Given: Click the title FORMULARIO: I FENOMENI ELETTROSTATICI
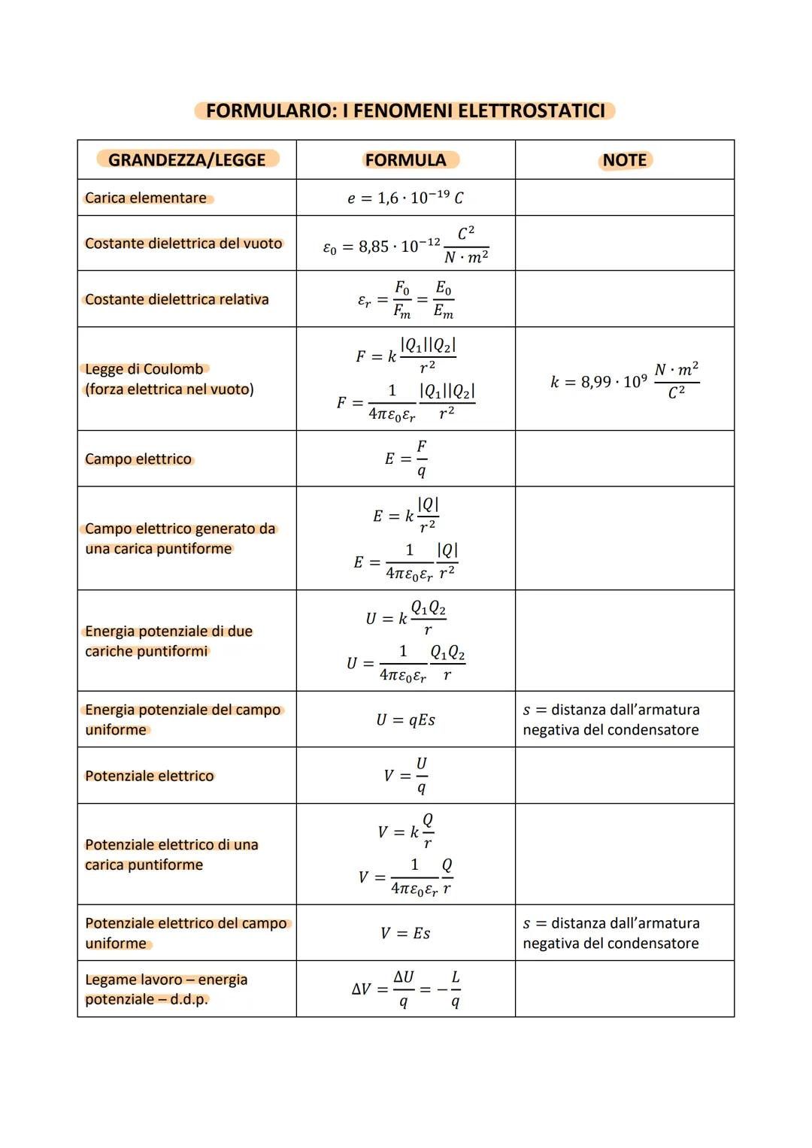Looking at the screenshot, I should pos(405,111).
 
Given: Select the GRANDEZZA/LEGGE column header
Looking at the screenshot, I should pos(187,159).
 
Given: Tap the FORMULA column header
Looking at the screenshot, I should pos(406,159).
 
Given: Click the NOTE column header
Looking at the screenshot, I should pos(625,160).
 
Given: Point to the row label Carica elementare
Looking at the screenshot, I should pos(146,198).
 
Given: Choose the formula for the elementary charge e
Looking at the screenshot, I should pos(405,198).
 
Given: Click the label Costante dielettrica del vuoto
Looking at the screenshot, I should pos(183,244).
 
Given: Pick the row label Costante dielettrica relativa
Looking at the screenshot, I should pos(177,299).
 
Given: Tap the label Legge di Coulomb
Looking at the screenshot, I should pos(144,369).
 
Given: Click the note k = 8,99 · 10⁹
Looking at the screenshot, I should pos(624,380).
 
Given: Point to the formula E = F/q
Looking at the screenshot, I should pos(406,459).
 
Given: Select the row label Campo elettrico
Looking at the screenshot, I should pos(138,459).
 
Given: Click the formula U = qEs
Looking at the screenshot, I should pos(405,719).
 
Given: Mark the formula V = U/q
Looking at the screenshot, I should pos(406,775).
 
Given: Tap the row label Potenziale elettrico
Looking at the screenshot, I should pos(150,776).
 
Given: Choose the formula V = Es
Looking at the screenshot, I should pos(405,933).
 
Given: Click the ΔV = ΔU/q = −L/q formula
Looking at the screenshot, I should pos(406,989).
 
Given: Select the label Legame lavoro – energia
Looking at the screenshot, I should pos(166,980).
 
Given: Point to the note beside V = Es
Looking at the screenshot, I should pos(611,933).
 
